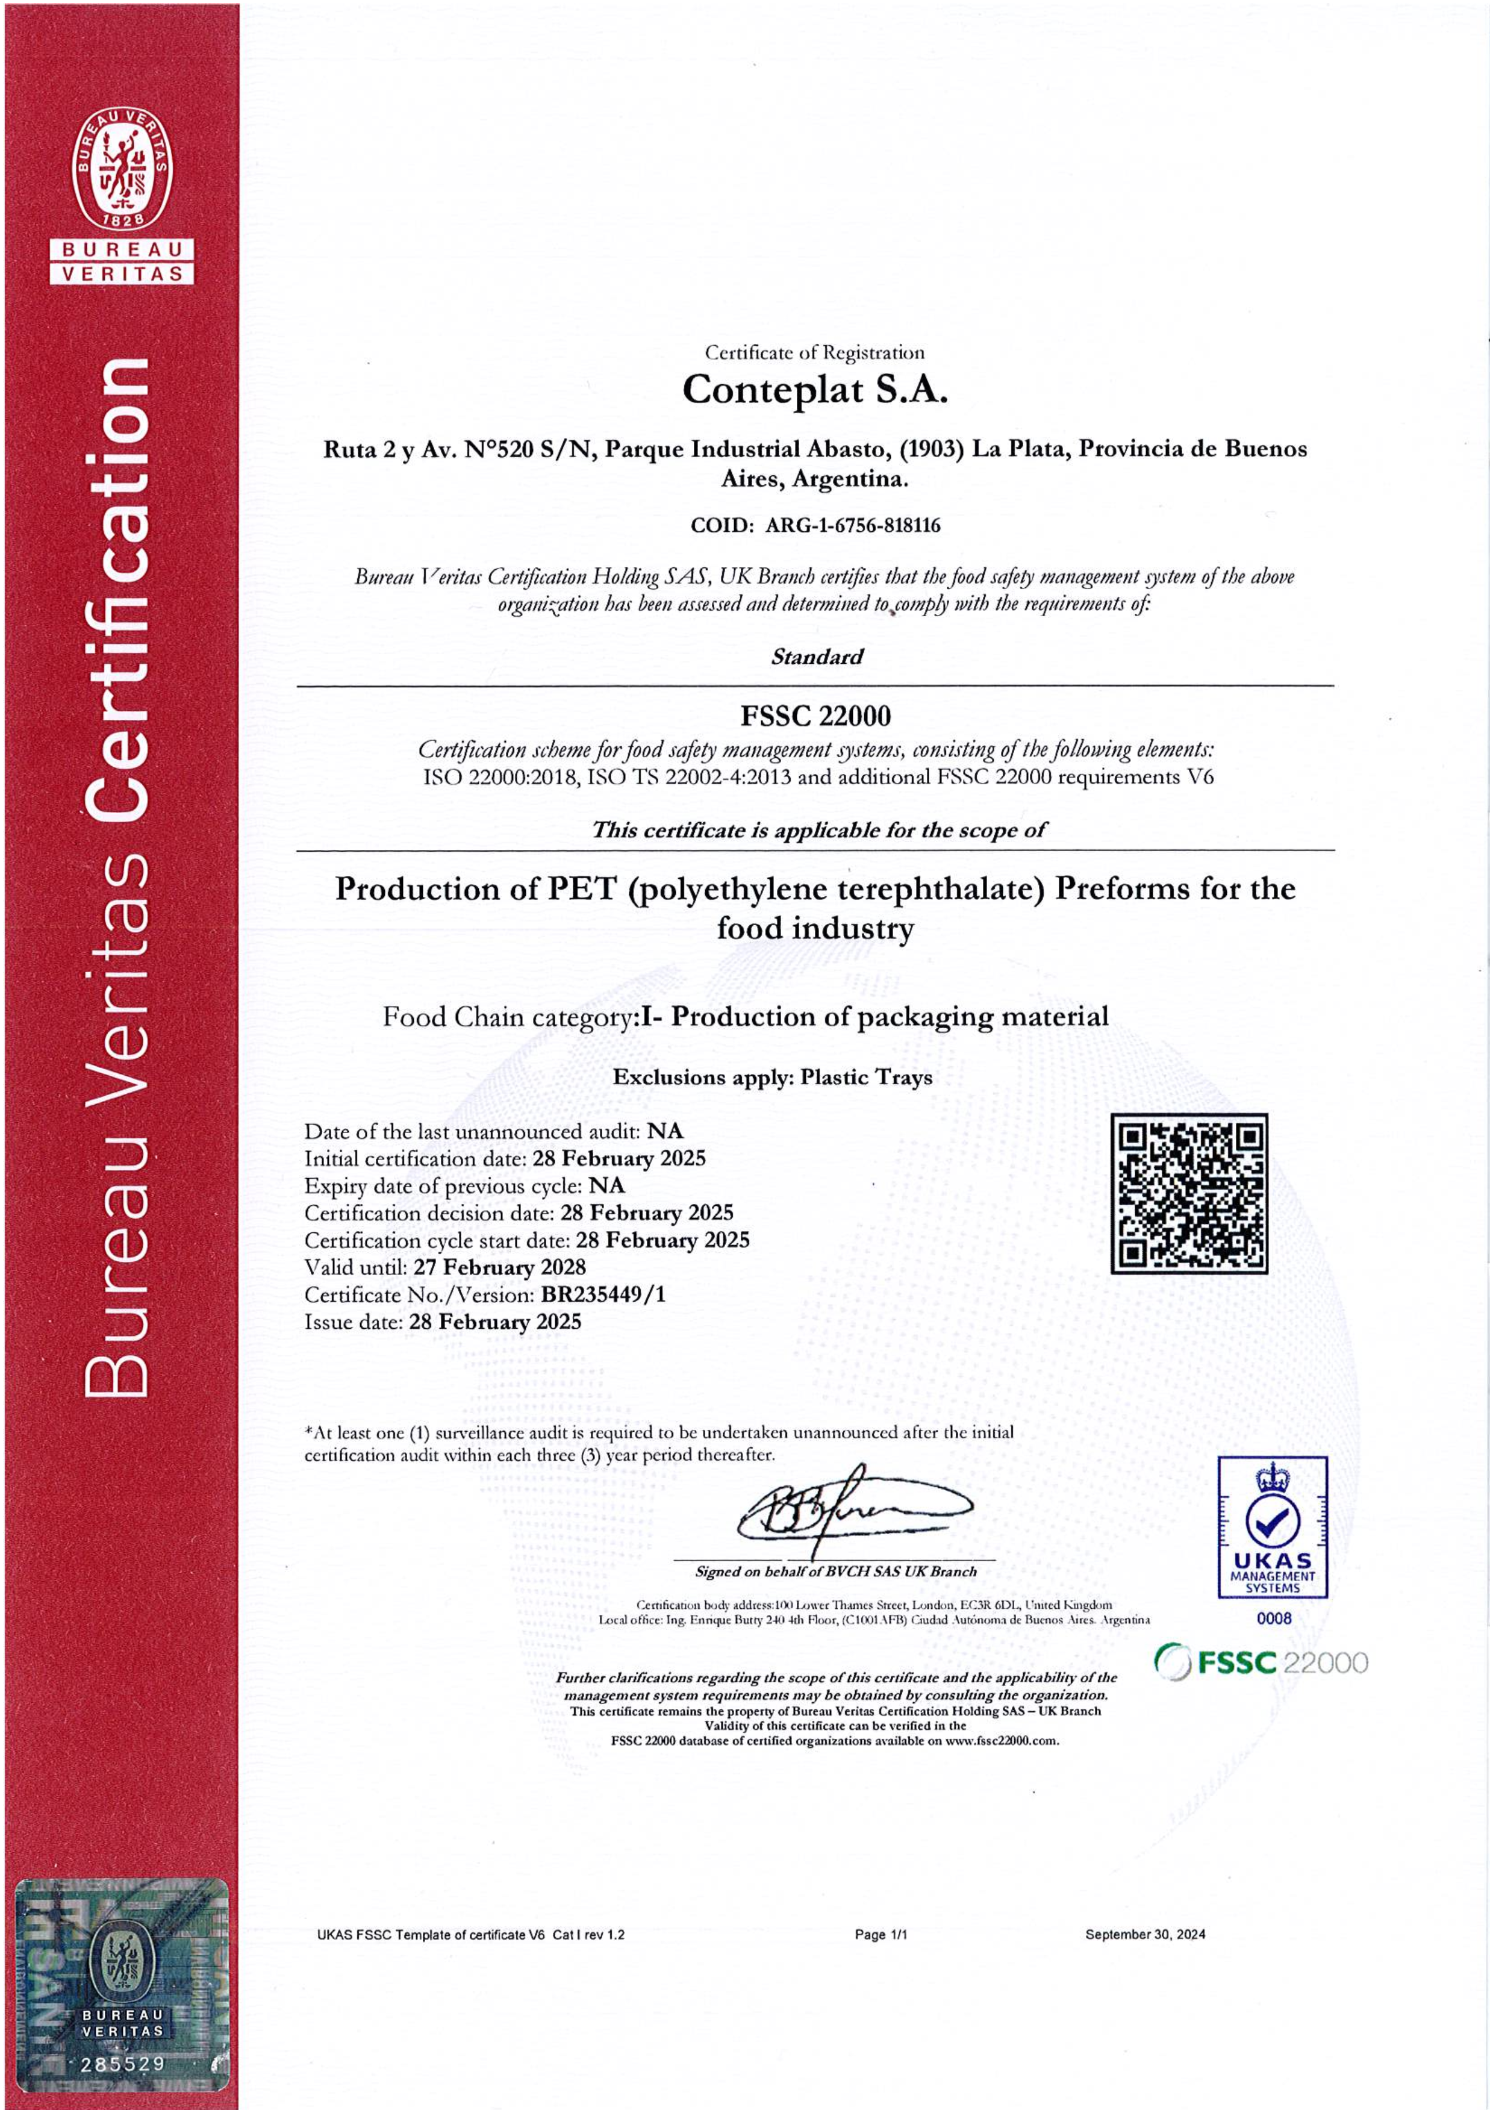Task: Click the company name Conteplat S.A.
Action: pyautogui.click(x=814, y=390)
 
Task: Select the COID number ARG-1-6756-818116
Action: pyautogui.click(x=852, y=525)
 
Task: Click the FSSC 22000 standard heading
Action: pyautogui.click(x=815, y=716)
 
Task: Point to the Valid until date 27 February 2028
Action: pyautogui.click(x=499, y=1267)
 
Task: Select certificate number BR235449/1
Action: pyautogui.click(x=602, y=1295)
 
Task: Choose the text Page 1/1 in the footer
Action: pyautogui.click(x=881, y=1935)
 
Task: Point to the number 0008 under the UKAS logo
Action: pyautogui.click(x=1273, y=1618)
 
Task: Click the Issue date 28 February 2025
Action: pyautogui.click(x=495, y=1323)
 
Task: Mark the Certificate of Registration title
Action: pyautogui.click(x=814, y=352)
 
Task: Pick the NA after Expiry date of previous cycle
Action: pyautogui.click(x=606, y=1185)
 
